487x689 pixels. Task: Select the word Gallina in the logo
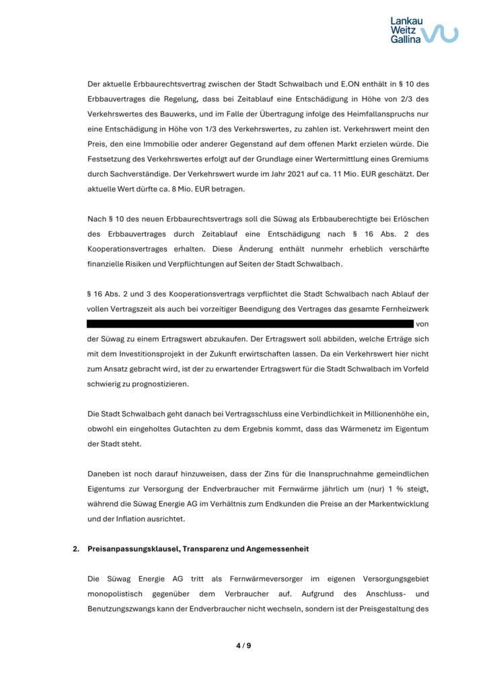[x=406, y=40]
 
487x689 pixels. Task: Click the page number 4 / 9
[x=243, y=646]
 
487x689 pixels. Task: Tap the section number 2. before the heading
[x=76, y=550]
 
